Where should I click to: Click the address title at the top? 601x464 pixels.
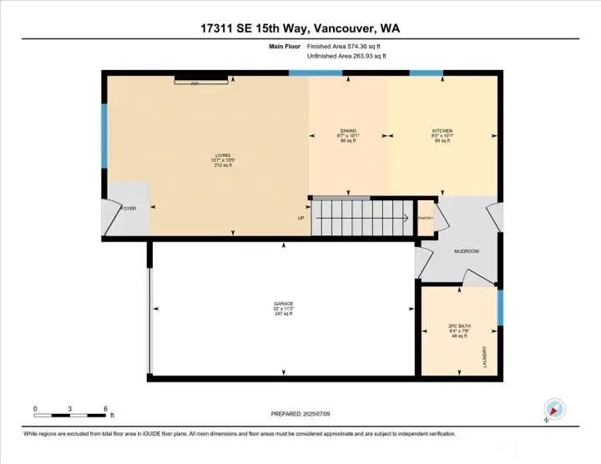(300, 28)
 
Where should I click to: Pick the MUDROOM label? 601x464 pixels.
(465, 250)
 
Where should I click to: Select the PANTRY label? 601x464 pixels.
(426, 219)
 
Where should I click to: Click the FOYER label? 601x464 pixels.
(129, 208)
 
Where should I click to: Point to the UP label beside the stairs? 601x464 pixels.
(301, 219)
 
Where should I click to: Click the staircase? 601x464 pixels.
(362, 218)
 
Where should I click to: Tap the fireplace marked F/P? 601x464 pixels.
(200, 81)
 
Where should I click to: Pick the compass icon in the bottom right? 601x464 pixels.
(553, 409)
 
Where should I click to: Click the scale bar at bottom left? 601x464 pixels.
(71, 414)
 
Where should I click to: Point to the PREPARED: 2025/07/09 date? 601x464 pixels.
(300, 414)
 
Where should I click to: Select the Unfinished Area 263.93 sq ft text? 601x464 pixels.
(347, 56)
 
